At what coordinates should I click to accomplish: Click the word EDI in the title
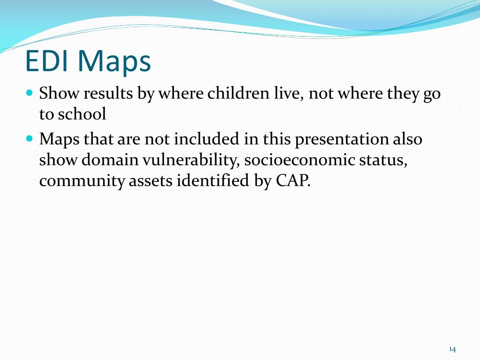[x=46, y=61]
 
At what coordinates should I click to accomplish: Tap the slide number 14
[x=452, y=349]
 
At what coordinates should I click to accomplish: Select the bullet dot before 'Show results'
[x=30, y=93]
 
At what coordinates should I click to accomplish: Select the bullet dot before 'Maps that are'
[x=30, y=138]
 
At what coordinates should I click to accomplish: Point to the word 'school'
[x=82, y=114]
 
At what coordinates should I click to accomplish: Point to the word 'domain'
[x=110, y=160]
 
